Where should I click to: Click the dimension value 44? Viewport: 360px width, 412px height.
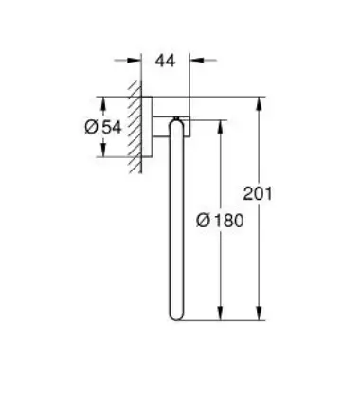pos(165,61)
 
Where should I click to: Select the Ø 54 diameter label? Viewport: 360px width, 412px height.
pos(103,127)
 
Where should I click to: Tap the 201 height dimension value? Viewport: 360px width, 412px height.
pos(258,193)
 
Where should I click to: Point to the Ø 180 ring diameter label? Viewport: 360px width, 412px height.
pos(220,221)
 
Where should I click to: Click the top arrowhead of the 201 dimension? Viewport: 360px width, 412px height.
pos(259,103)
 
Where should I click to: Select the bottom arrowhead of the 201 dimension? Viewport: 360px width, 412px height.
pos(259,313)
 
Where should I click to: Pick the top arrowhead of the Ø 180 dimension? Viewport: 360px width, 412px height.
pos(221,127)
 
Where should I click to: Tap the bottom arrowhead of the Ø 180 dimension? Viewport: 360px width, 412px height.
pos(221,313)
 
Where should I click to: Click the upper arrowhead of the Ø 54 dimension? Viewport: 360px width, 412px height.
pos(103,103)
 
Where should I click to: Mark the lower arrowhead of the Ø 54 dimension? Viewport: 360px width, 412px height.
pos(103,150)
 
